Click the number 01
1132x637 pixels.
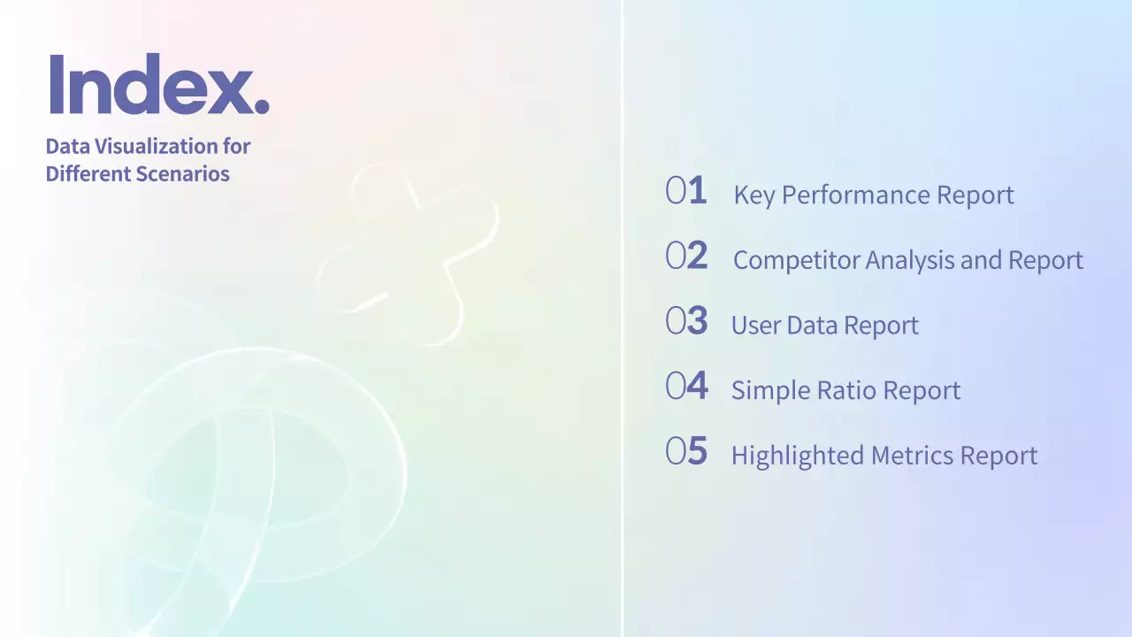pos(686,191)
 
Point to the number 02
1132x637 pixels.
pos(686,257)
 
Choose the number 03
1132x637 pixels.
pos(686,321)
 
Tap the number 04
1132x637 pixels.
pos(686,387)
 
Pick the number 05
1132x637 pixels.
pos(686,451)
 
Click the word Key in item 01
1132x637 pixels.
pos(753,196)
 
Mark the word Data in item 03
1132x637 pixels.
pos(811,326)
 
